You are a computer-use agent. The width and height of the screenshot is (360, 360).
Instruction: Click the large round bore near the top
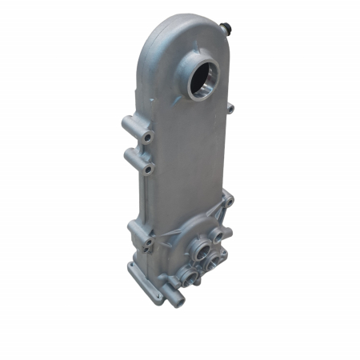(x=202, y=79)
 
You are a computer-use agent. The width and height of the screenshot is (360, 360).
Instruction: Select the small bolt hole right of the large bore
(x=230, y=107)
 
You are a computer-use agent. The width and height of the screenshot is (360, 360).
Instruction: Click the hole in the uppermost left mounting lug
(x=146, y=138)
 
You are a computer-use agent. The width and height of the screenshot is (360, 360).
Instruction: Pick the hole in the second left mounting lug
(x=148, y=170)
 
